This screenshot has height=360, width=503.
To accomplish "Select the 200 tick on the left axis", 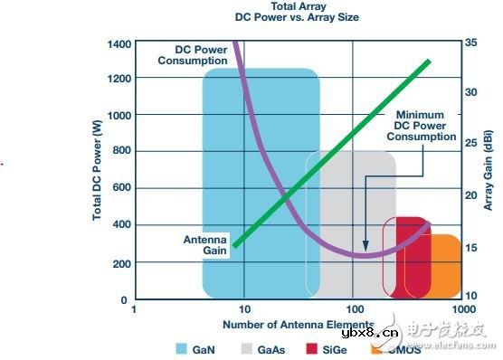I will tap(119, 262).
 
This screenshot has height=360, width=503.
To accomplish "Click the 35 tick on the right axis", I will tap(470, 43).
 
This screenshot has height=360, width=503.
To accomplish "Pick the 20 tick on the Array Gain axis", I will tap(470, 194).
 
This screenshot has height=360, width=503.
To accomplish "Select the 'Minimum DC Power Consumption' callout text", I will tap(422, 126).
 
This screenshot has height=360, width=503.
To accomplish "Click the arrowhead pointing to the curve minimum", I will tap(365, 245).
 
